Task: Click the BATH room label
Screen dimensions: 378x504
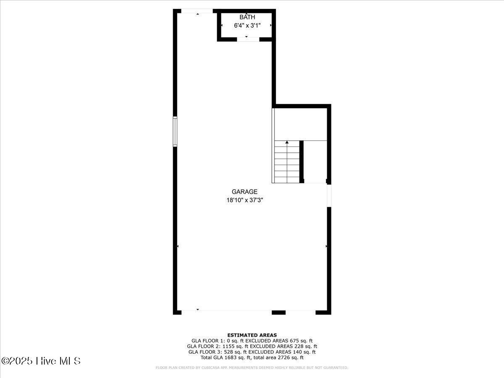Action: click(247, 17)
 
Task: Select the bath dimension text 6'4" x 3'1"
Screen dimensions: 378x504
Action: click(247, 25)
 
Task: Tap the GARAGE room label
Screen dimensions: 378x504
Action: click(244, 192)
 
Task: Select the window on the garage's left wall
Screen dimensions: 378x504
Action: click(175, 131)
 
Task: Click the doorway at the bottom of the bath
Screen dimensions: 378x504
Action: click(248, 39)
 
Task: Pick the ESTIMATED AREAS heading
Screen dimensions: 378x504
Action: click(252, 335)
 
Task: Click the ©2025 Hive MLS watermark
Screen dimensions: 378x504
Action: click(41, 361)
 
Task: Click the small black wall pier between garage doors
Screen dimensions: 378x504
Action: click(278, 312)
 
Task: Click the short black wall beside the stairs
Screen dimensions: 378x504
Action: click(302, 162)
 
